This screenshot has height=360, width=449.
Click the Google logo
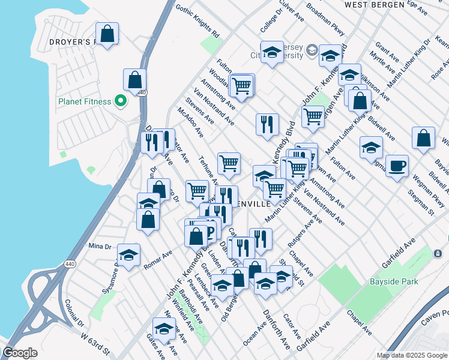20,353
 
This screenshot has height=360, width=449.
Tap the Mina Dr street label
100,246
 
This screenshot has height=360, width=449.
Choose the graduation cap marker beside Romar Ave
128,255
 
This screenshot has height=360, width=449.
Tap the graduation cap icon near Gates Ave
163,328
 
